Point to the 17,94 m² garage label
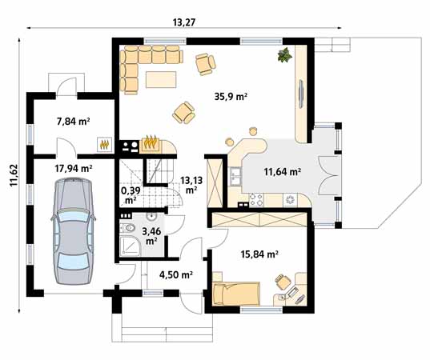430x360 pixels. pyautogui.click(x=73, y=169)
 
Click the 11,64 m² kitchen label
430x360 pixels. pyautogui.click(x=283, y=171)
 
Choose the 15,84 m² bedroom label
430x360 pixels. pyautogui.click(x=259, y=254)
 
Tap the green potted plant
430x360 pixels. pyautogui.click(x=283, y=55)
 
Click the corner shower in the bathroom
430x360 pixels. pyautogui.click(x=127, y=242)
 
